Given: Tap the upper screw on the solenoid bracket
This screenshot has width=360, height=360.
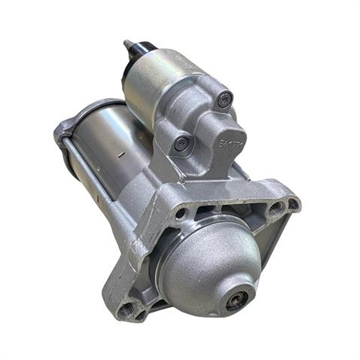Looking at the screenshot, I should (223, 98).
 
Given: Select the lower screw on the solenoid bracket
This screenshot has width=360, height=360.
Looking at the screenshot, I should (180, 142).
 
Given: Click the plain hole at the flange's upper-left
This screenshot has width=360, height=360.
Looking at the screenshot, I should (181, 212).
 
